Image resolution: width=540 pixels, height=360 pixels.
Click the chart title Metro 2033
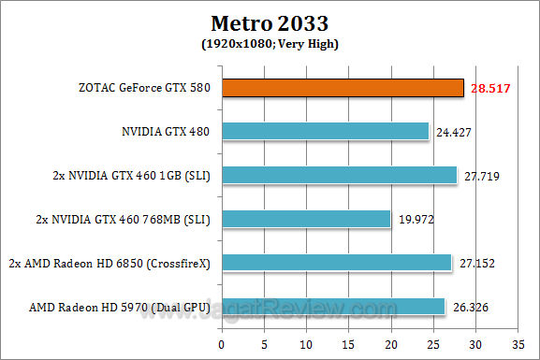pos(270,22)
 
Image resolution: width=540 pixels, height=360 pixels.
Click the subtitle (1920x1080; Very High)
pos(270,43)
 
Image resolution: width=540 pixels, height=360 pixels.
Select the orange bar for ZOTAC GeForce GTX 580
pos(343,88)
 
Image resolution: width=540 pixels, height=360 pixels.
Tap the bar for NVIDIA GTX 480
pos(326,132)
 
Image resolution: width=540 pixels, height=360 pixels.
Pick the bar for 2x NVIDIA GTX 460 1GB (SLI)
pos(340,175)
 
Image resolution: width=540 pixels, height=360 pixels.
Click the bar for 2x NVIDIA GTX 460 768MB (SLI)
pos(307,219)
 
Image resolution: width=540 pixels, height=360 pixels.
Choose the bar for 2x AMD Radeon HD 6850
pos(337,263)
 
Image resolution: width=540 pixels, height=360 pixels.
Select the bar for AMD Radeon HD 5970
pos(334,307)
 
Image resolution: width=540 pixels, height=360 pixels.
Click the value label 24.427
pos(456,133)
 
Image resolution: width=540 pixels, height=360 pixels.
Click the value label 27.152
pos(476,264)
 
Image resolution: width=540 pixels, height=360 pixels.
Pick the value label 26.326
pos(470,308)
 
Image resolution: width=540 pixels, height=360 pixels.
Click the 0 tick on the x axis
pos(223,340)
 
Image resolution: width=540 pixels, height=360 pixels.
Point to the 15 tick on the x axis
pos(349,340)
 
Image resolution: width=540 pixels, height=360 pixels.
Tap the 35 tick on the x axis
pos(518,340)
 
